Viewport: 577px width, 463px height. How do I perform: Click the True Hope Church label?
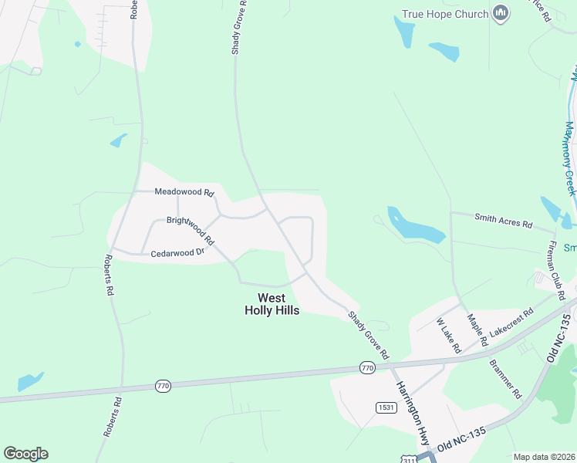pos(445,14)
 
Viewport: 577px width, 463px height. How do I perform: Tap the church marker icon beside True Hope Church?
pos(501,13)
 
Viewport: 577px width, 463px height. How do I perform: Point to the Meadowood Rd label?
pos(184,191)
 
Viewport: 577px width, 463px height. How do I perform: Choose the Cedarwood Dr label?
pos(177,252)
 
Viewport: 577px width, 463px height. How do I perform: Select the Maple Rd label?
pos(477,330)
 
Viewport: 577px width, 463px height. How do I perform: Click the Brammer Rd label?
pos(506,378)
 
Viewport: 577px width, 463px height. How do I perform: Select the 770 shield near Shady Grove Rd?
pos(367,369)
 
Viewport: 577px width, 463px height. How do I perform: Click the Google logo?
pos(25,454)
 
